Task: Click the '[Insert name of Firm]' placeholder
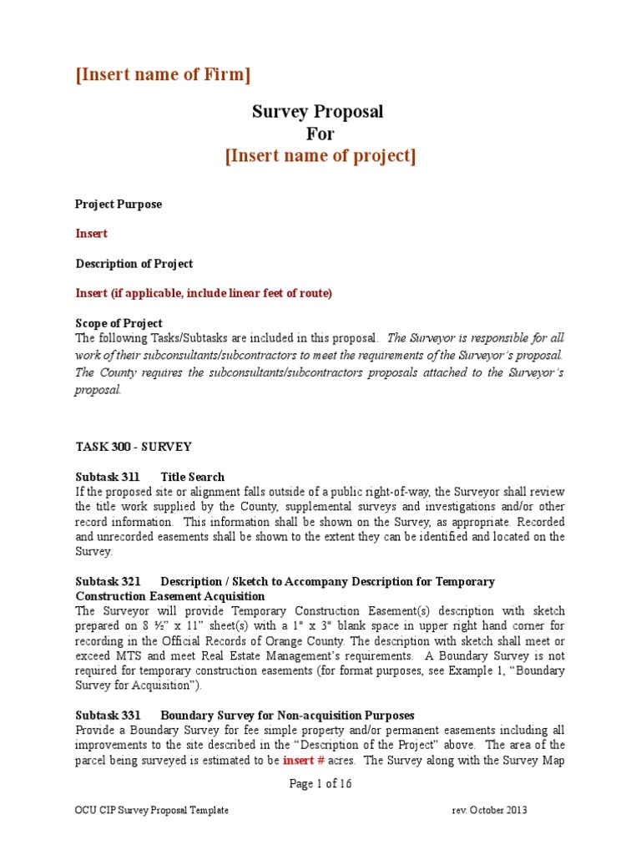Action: point(163,74)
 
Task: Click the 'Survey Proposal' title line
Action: point(318,111)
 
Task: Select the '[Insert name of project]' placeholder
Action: point(320,156)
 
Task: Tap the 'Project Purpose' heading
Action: point(119,204)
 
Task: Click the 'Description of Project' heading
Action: point(134,264)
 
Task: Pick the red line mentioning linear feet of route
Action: point(204,293)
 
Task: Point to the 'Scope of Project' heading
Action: point(119,323)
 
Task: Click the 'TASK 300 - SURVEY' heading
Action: point(134,447)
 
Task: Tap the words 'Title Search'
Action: point(193,477)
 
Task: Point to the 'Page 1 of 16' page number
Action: point(320,783)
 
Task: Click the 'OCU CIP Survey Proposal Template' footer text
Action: point(152,810)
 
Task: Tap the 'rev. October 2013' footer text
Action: point(489,810)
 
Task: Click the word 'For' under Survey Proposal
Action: point(320,134)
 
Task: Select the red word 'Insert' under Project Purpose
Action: point(92,234)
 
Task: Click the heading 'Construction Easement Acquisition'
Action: point(170,596)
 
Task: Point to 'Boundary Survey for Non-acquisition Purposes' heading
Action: point(287,715)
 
